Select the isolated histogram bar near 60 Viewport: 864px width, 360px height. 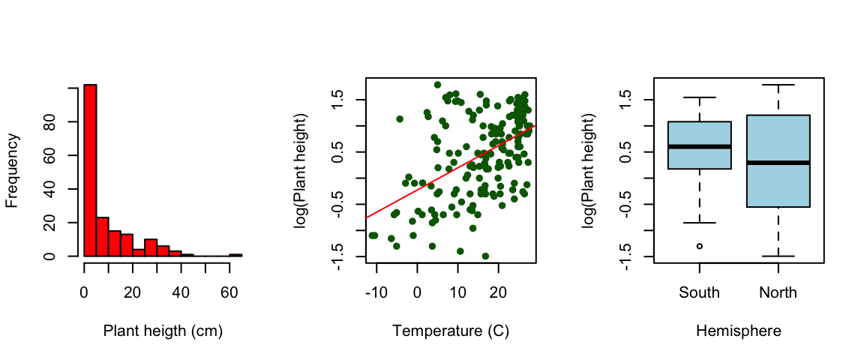235,255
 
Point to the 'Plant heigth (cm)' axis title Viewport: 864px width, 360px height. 163,331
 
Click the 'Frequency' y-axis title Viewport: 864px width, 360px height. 12,170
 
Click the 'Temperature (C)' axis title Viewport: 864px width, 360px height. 451,331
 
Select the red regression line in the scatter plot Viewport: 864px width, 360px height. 450,172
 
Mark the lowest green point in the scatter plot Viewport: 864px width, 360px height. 485,256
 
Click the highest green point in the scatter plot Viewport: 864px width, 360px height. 437,85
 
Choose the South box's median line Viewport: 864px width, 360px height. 700,146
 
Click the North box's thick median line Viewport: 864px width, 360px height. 778,162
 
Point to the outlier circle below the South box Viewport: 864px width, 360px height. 700,246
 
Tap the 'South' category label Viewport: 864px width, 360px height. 700,292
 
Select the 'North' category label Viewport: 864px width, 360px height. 778,292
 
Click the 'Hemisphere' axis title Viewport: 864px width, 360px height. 739,331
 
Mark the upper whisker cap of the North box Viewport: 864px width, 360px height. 778,85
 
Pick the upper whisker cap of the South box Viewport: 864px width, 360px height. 700,97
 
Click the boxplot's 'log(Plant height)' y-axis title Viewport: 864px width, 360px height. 589,170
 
